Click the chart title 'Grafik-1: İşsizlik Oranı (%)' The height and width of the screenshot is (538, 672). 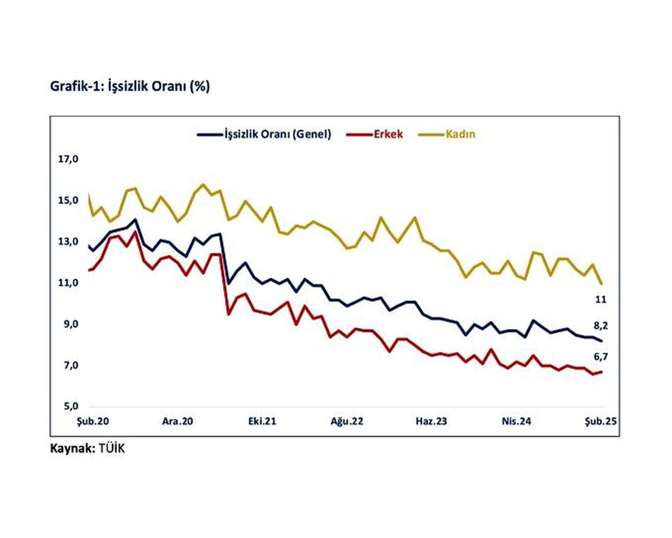pos(130,87)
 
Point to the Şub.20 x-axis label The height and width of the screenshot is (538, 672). pos(91,421)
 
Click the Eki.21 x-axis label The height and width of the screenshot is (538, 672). pos(263,421)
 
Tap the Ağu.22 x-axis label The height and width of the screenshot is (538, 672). pos(347,421)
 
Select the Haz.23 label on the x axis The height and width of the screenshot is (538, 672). pos(431,421)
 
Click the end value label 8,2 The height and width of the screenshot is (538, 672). pos(599,325)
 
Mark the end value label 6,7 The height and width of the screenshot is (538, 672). pos(599,356)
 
